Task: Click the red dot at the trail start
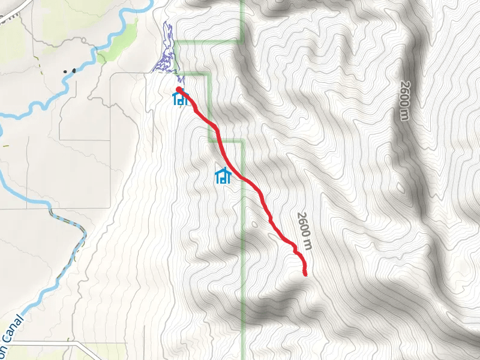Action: click(179, 89)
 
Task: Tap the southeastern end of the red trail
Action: click(305, 274)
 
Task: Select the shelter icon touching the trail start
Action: click(180, 98)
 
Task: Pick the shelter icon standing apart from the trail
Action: click(223, 175)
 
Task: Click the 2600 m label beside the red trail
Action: click(305, 230)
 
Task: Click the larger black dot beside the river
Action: click(74, 70)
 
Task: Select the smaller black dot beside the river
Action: click(65, 71)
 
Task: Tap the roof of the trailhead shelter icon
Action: click(179, 92)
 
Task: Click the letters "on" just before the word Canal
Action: click(4, 350)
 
